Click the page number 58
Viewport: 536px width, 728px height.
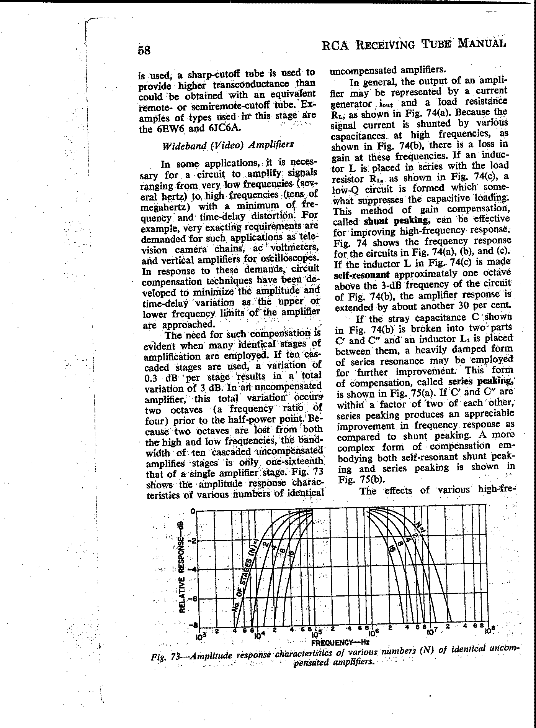tap(144, 51)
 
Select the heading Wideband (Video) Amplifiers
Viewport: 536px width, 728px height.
tap(228, 146)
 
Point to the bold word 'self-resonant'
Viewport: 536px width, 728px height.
tap(362, 275)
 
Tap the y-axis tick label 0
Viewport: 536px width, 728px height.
tap(193, 511)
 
